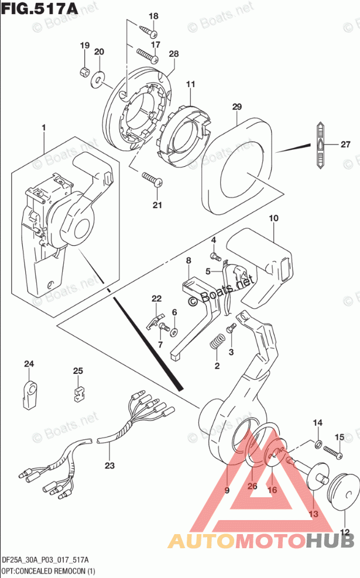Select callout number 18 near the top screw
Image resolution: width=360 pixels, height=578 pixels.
coord(153,16)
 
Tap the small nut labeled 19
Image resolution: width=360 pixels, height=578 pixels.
coord(84,73)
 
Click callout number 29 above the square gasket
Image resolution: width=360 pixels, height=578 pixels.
coord(236,107)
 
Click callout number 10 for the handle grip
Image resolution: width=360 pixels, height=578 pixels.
coord(273,218)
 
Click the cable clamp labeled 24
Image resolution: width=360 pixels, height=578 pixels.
coord(29,390)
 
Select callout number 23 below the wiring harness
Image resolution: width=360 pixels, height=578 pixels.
coord(109,466)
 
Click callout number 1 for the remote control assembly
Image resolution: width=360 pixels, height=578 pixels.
coord(43,128)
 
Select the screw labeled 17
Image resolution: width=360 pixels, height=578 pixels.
coord(148,55)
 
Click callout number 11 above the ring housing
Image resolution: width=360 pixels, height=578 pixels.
coord(190,85)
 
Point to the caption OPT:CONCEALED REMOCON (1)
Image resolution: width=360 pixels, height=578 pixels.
coord(49,570)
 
